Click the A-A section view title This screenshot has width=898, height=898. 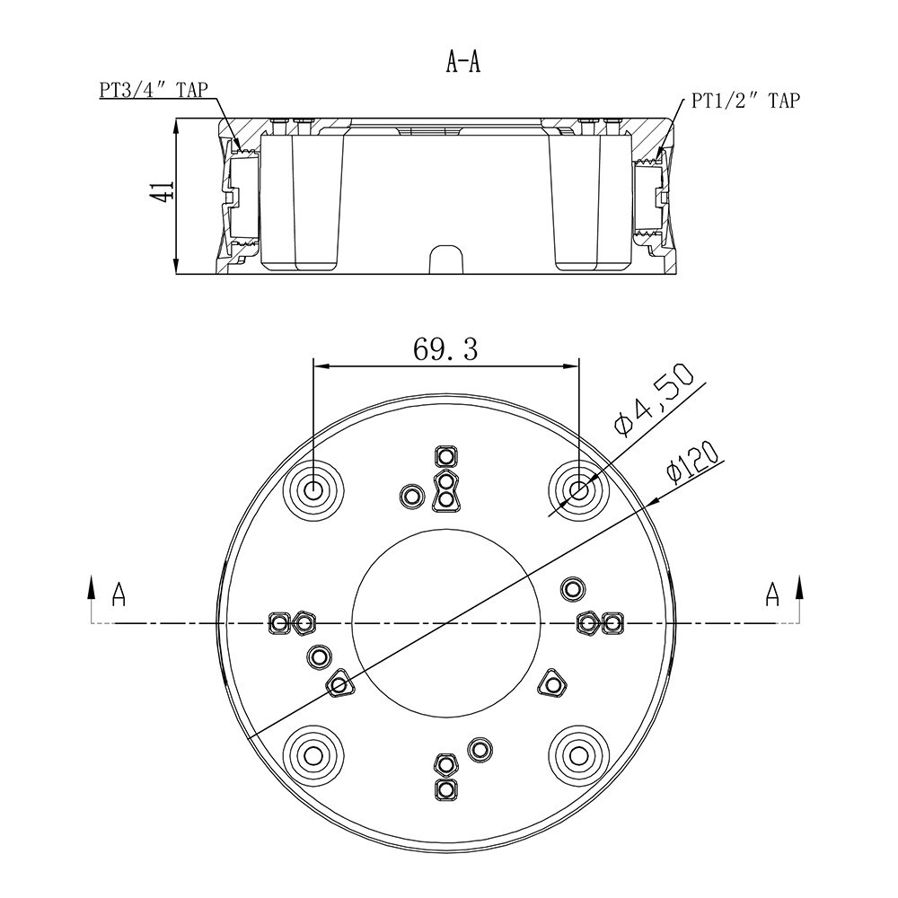coord(462,62)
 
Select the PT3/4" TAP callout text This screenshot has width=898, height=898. coord(154,90)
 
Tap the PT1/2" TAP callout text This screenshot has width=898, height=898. coord(745,101)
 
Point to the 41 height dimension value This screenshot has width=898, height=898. coord(161,190)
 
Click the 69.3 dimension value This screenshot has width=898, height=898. coord(445,349)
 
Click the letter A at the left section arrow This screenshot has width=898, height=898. coord(119,594)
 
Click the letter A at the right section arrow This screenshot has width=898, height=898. coord(772,594)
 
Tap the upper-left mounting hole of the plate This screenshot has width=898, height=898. coord(313,490)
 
